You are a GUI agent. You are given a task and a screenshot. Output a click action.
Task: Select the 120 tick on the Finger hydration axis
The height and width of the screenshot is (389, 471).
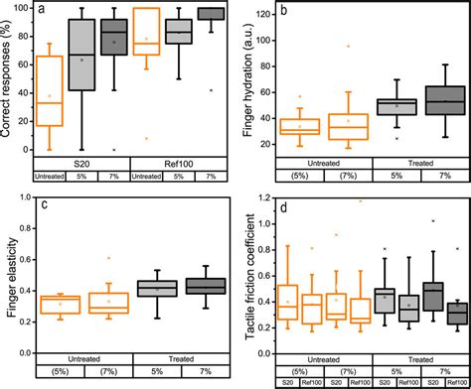pyautogui.click(x=259, y=16)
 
